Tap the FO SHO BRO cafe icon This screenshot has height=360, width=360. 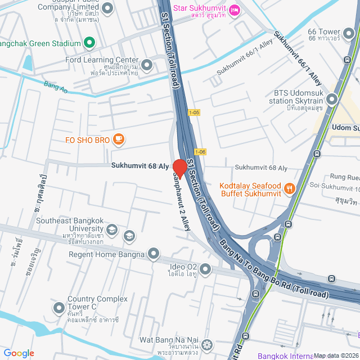(x=118, y=138)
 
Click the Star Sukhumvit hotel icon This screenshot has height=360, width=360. (x=236, y=9)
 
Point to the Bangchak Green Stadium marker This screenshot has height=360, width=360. (x=89, y=43)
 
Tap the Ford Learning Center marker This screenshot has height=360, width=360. (x=147, y=65)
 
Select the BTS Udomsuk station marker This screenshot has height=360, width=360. (x=332, y=100)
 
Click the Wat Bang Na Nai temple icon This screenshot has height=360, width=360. (x=208, y=344)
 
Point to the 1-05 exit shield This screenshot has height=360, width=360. (x=194, y=112)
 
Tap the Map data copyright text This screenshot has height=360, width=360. (x=335, y=355)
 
